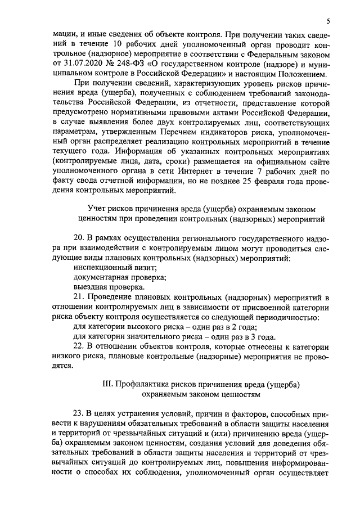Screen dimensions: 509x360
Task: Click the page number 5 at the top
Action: pyautogui.click(x=328, y=21)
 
